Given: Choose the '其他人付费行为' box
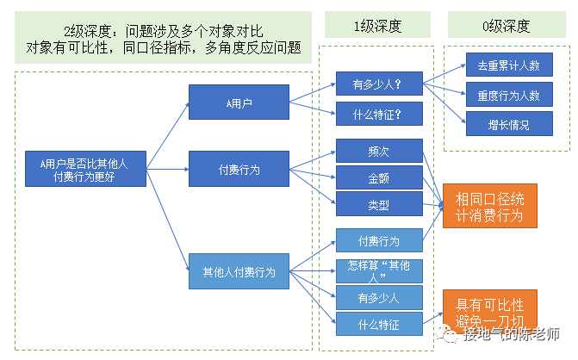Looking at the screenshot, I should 239,272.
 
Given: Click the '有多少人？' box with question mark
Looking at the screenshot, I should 378,85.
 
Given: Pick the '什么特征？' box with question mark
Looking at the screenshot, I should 378,114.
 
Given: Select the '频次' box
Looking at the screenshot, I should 378,151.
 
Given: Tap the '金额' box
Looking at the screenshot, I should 378,178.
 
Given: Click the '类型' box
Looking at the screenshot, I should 378,205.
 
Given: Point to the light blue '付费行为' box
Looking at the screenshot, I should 378,240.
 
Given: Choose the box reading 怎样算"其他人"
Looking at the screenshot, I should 378,270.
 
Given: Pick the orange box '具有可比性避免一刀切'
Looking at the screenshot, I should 488,311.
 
